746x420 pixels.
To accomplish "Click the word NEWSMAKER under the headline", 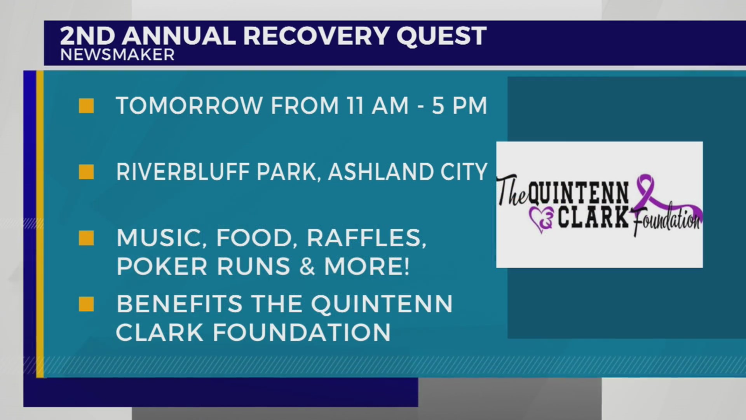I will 117,55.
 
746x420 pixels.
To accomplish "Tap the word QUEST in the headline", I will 441,36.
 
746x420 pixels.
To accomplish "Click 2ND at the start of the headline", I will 87,36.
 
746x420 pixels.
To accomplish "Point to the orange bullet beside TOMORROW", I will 86,106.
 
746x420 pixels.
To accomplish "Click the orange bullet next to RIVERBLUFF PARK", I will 86,172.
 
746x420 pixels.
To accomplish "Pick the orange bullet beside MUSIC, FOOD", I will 86,238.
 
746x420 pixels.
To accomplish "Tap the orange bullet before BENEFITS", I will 86,304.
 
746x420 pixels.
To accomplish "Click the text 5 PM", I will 459,106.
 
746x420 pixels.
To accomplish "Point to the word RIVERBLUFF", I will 183,172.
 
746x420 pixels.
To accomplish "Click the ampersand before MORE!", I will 307,267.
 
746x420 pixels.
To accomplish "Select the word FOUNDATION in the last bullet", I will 302,333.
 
